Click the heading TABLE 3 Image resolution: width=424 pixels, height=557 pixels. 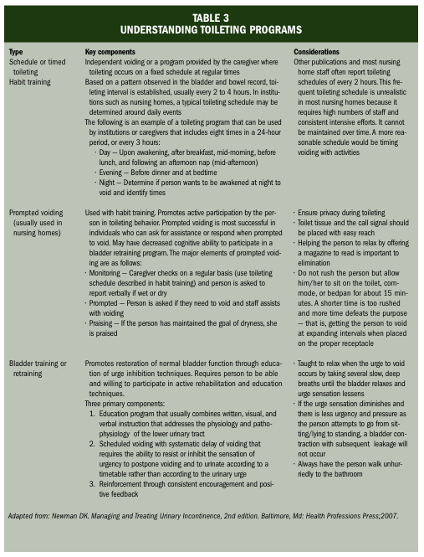[212, 15]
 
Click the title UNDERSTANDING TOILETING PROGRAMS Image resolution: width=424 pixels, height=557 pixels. [212, 29]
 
